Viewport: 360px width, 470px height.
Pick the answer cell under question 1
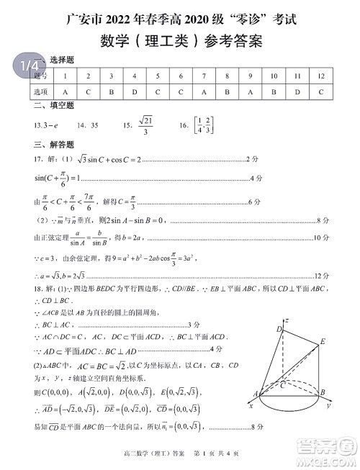click(66, 91)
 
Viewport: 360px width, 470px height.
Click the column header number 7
click(204, 76)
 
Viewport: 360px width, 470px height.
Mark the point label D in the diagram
click(278, 329)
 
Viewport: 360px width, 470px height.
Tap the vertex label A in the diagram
click(254, 392)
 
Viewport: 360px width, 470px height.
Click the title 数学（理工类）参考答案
click(179, 41)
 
